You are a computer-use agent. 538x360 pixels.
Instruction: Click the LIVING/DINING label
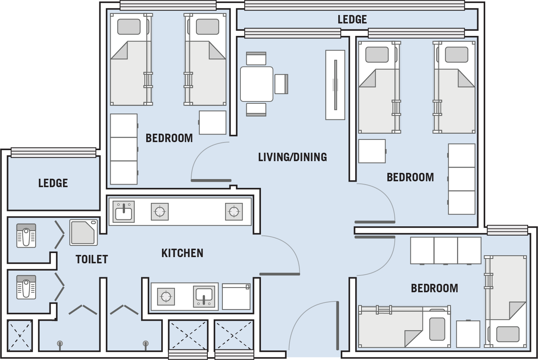pyautogui.click(x=292, y=157)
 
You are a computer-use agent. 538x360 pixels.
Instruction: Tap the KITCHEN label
pyautogui.click(x=182, y=253)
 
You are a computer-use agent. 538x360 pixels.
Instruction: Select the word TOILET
pyautogui.click(x=92, y=259)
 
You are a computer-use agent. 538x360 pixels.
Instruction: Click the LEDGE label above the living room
pyautogui.click(x=352, y=19)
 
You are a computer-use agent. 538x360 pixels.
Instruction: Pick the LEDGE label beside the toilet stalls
pyautogui.click(x=53, y=183)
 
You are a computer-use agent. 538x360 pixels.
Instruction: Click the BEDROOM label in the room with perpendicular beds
pyautogui.click(x=435, y=288)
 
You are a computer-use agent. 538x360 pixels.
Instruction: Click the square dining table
pyautogui.click(x=257, y=84)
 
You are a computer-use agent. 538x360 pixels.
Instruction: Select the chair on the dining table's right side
pyautogui.click(x=281, y=84)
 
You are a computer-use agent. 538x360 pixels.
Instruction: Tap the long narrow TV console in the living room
pyautogui.click(x=335, y=85)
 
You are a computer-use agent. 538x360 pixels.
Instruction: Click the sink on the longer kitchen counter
pyautogui.click(x=124, y=212)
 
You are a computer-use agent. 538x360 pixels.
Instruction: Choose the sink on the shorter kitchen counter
pyautogui.click(x=204, y=297)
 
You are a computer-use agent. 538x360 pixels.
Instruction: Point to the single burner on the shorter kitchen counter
pyautogui.click(x=166, y=297)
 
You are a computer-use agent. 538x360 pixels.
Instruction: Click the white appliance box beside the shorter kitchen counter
pyautogui.click(x=236, y=297)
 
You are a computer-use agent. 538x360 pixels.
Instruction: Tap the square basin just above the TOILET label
pyautogui.click(x=84, y=232)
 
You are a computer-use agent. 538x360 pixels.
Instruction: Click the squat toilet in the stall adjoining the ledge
pyautogui.click(x=26, y=235)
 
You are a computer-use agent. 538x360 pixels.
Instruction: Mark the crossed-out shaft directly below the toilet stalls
pyautogui.click(x=20, y=335)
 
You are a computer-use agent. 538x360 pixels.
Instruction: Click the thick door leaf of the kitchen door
pyautogui.click(x=280, y=274)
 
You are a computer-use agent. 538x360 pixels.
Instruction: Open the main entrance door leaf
pyautogui.click(x=338, y=326)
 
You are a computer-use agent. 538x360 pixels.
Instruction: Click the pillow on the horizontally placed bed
pyautogui.click(x=437, y=329)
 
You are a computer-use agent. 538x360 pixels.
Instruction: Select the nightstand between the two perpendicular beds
pyautogui.click(x=468, y=334)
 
